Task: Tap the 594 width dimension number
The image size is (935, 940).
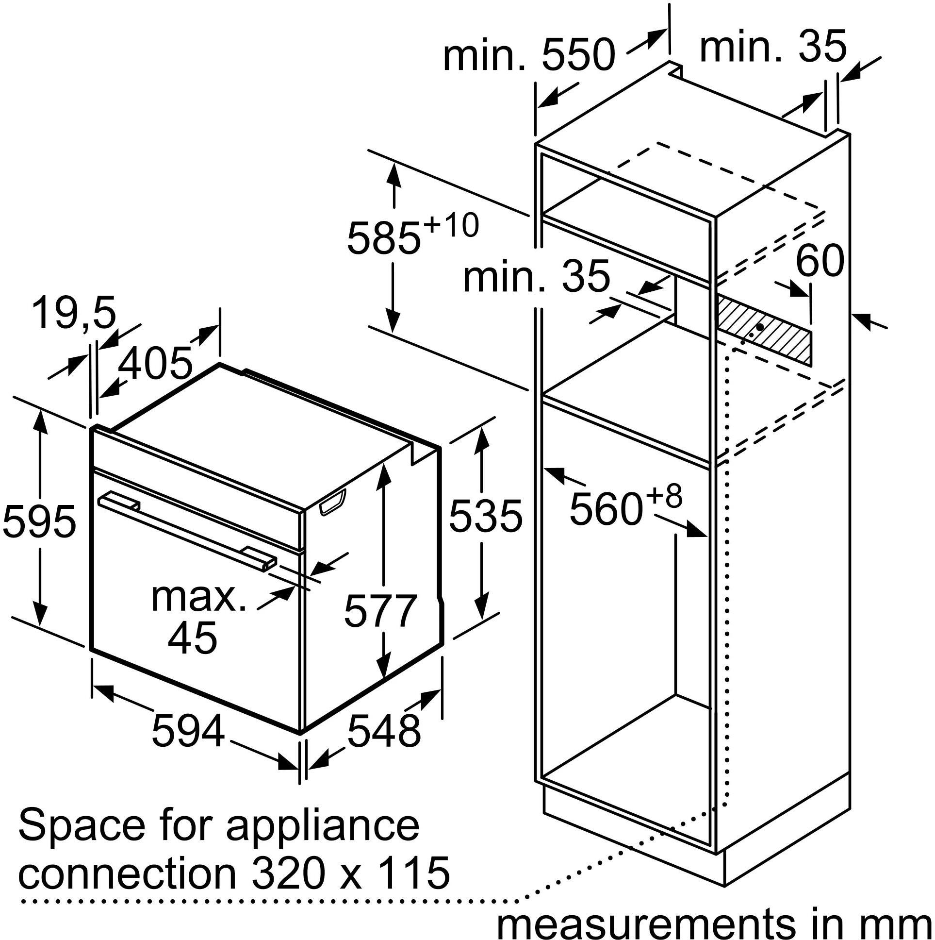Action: click(188, 731)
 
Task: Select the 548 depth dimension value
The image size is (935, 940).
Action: click(384, 731)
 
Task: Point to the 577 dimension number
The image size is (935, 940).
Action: click(381, 610)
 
